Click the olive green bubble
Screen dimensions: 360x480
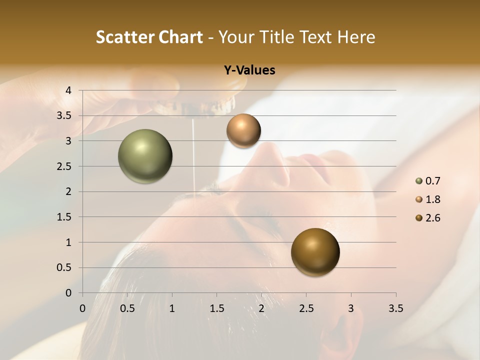(x=145, y=156)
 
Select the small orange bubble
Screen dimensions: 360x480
(x=243, y=130)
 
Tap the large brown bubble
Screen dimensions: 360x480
(x=315, y=252)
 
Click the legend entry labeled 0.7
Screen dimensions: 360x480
(x=428, y=181)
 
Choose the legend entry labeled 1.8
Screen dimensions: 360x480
(x=428, y=199)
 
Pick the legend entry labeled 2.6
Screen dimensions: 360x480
(x=428, y=218)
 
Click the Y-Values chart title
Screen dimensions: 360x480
(x=249, y=70)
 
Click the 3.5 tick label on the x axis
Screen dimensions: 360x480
(x=395, y=308)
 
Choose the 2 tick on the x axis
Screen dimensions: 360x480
(x=261, y=308)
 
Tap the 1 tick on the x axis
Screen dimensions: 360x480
(x=172, y=308)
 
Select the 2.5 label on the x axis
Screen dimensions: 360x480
(x=306, y=308)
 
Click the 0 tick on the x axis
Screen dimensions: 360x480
(x=82, y=308)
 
